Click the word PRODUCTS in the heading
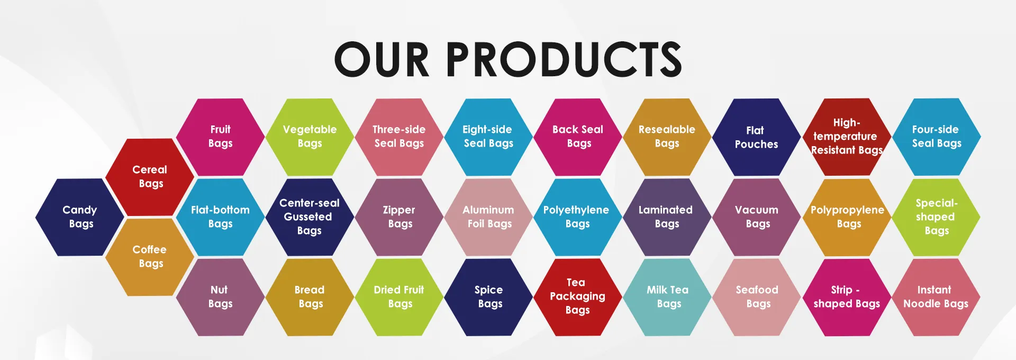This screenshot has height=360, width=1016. (x=564, y=59)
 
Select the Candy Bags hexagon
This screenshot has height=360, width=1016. (x=80, y=217)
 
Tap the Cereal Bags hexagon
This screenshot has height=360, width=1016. (x=150, y=177)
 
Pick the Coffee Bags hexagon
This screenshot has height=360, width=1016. (x=150, y=257)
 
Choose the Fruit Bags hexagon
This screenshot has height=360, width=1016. (x=220, y=137)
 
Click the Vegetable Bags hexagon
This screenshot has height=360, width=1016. (x=310, y=137)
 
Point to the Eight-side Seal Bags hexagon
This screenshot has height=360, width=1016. (x=488, y=137)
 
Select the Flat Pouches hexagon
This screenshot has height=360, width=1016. (x=757, y=137)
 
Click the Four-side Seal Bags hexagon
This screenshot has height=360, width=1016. (x=937, y=137)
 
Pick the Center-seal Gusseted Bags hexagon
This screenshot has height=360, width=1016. (x=310, y=217)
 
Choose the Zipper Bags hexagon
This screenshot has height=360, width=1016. (x=399, y=217)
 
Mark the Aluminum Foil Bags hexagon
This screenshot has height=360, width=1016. (x=488, y=217)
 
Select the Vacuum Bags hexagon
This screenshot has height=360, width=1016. (x=757, y=217)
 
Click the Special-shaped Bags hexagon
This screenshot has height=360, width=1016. (x=937, y=217)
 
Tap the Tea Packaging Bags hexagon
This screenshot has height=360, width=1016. (x=578, y=297)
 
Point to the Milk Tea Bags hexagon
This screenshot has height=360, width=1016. (x=667, y=297)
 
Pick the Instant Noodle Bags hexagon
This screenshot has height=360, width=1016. (x=937, y=297)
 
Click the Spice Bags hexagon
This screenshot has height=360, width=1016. (x=488, y=297)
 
